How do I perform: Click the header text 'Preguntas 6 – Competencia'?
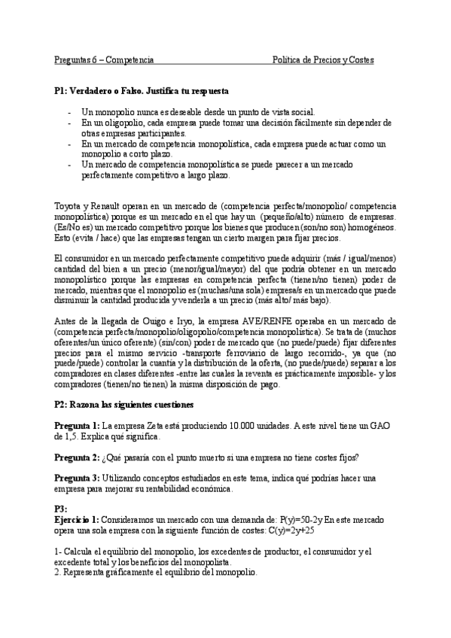tap(104, 59)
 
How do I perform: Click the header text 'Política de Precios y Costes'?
tap(323, 59)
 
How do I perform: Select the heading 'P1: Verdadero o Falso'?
tap(142, 91)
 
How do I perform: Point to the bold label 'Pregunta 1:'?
tap(77, 426)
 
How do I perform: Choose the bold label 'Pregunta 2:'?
tap(77, 457)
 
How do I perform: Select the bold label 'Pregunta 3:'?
tap(77, 478)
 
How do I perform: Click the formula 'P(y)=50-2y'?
tap(301, 520)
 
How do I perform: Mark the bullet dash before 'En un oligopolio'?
tap(69, 123)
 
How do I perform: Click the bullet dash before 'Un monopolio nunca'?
tap(69, 112)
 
